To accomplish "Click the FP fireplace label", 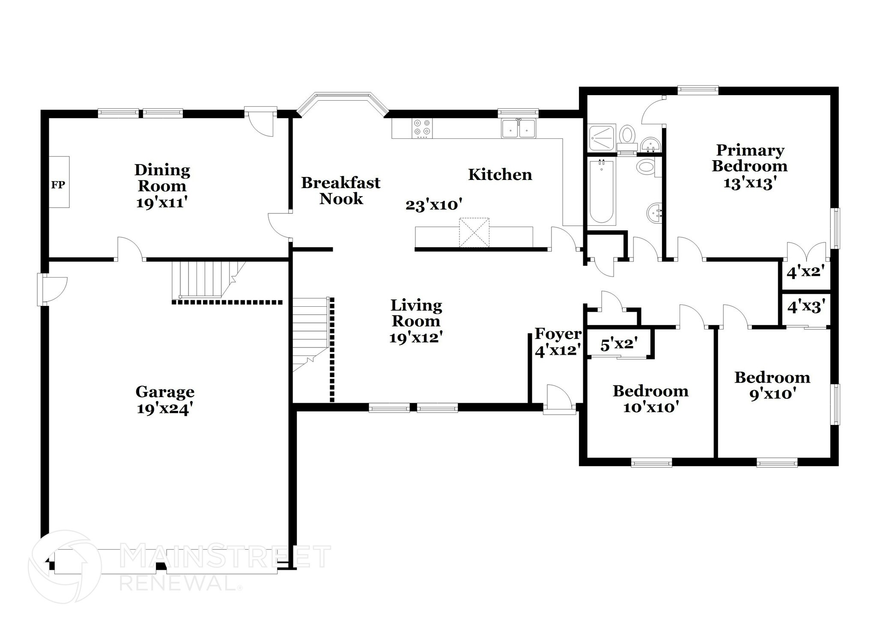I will click(58, 185).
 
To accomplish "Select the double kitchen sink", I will click(519, 129).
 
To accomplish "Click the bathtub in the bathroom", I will click(602, 191).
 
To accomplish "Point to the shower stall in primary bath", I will click(602, 137).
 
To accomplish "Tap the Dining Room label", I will click(162, 178).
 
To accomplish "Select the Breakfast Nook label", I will click(341, 191).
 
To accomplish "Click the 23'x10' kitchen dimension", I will click(434, 205).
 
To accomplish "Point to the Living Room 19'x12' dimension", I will click(415, 338).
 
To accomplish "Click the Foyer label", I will click(558, 333).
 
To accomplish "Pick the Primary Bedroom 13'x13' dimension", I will click(750, 183).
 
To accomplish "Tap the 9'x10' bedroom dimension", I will click(772, 393).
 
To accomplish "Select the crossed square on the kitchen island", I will click(474, 232).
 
